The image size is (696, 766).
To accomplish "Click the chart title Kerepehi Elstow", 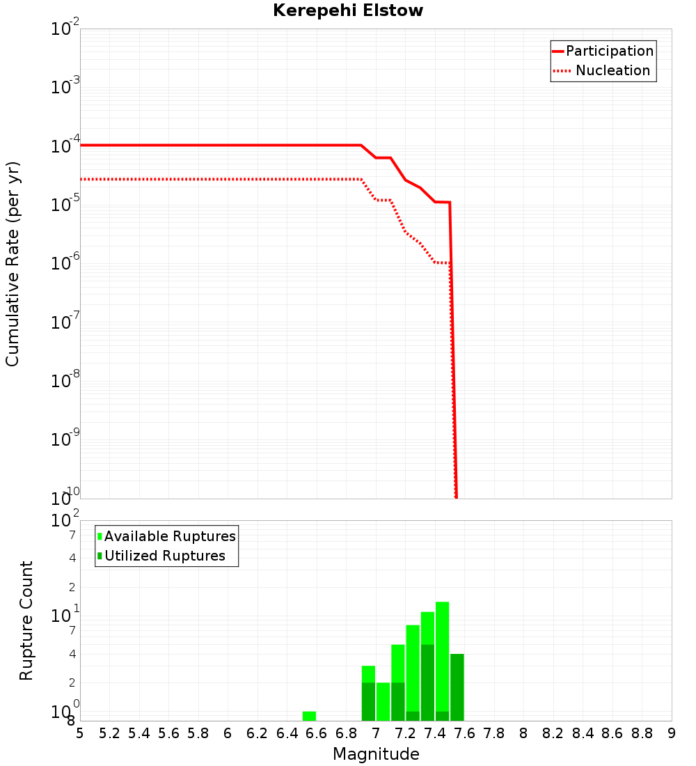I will (x=348, y=11).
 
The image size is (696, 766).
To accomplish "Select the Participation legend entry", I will (x=609, y=51).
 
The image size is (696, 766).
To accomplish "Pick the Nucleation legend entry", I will (x=612, y=70).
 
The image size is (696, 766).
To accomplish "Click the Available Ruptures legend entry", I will (x=169, y=536).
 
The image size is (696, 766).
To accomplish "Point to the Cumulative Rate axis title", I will (x=13, y=263).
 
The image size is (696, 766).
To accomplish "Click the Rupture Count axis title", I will (x=26, y=620).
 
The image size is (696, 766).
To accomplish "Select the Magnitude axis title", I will (x=376, y=754).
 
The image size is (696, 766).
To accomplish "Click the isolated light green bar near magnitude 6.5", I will (x=309, y=716).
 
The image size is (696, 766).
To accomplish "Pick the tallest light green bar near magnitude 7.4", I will (x=442, y=655).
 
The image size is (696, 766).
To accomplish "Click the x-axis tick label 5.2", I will (x=110, y=733).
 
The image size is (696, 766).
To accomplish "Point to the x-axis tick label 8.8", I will (x=642, y=733).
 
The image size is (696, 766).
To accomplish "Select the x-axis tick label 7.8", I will (x=494, y=733).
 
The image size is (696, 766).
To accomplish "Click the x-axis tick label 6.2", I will (x=258, y=733).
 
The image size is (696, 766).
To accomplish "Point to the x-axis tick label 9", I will (x=672, y=733).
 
